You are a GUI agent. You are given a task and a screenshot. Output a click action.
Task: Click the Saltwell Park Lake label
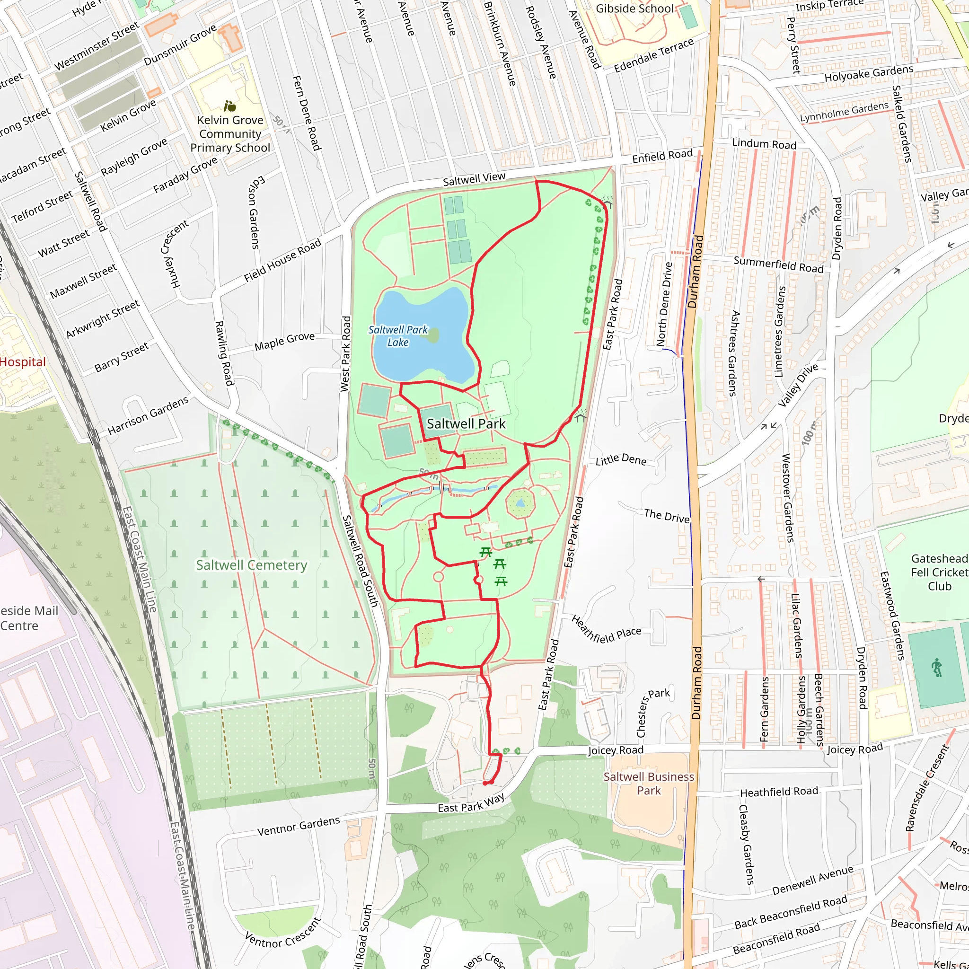[398, 335]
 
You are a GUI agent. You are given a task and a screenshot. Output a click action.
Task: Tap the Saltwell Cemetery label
[251, 565]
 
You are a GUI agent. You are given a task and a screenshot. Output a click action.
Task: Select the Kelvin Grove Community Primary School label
[230, 134]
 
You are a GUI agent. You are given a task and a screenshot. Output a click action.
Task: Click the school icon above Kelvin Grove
[230, 106]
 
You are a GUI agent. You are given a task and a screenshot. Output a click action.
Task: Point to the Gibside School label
[634, 9]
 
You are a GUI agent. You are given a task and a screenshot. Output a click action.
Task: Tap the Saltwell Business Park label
[649, 783]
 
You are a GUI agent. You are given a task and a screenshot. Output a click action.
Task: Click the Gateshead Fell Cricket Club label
[939, 573]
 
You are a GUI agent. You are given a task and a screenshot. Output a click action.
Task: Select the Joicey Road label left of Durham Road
[616, 750]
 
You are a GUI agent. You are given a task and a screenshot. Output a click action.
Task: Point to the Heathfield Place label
[606, 629]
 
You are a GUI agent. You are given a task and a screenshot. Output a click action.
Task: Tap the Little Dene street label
[621, 459]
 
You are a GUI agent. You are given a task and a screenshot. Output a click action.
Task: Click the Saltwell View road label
[474, 179]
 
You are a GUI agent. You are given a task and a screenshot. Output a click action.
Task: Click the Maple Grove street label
[284, 342]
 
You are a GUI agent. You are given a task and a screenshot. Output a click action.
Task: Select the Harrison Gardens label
[148, 415]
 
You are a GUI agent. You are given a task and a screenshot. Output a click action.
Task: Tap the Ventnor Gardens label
[299, 826]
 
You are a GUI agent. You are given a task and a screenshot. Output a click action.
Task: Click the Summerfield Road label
[778, 264]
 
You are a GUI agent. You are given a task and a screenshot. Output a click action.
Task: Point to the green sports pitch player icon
[936, 669]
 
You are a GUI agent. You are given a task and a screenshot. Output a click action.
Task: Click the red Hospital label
[23, 361]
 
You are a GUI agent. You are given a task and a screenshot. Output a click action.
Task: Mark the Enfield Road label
[662, 156]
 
